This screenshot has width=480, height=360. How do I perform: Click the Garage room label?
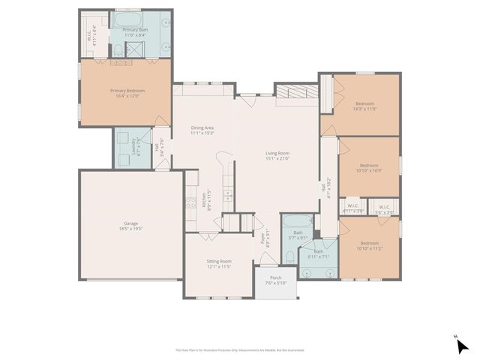[x=130, y=225]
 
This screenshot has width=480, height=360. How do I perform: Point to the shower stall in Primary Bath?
[x=136, y=50]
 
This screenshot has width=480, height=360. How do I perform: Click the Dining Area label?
[x=202, y=130]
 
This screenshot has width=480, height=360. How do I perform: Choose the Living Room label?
[x=277, y=155]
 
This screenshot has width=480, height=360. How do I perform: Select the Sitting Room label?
[x=219, y=264]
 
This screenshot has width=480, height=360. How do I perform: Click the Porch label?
[x=276, y=280]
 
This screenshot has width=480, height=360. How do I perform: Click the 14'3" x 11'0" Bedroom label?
[x=364, y=106]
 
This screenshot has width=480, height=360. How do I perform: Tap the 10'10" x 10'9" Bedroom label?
[x=369, y=168]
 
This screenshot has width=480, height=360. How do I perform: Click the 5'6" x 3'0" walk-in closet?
[x=384, y=209]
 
